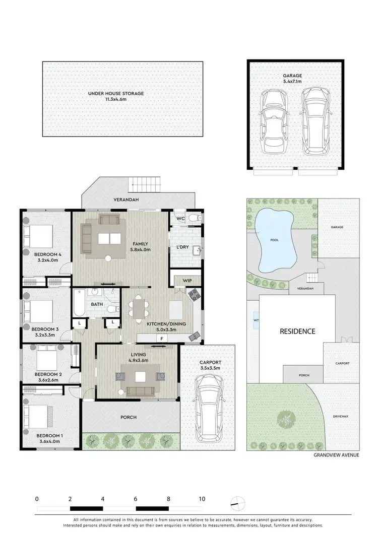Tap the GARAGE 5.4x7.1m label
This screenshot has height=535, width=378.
pos(292,78)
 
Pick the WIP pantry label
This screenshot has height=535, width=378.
pos(186,280)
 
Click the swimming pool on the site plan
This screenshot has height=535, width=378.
pos(275,239)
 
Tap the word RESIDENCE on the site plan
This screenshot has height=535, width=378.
pos(297,331)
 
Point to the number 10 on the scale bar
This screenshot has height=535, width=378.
pos(202,499)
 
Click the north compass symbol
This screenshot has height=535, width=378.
pos(238,502)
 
